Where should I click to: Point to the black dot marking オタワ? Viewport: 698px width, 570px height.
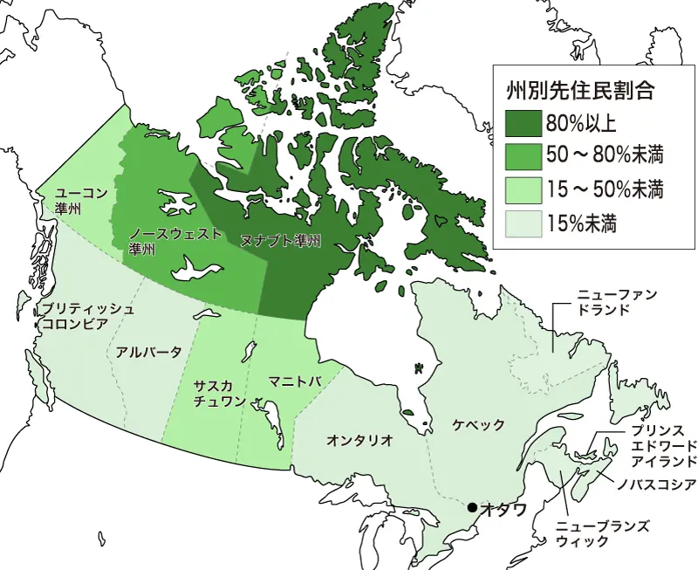(471, 507)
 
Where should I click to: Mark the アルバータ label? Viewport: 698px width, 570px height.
(148, 352)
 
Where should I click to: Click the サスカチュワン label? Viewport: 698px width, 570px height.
(214, 392)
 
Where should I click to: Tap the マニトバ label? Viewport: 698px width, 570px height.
(296, 382)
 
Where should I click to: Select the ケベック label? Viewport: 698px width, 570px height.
(478, 425)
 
